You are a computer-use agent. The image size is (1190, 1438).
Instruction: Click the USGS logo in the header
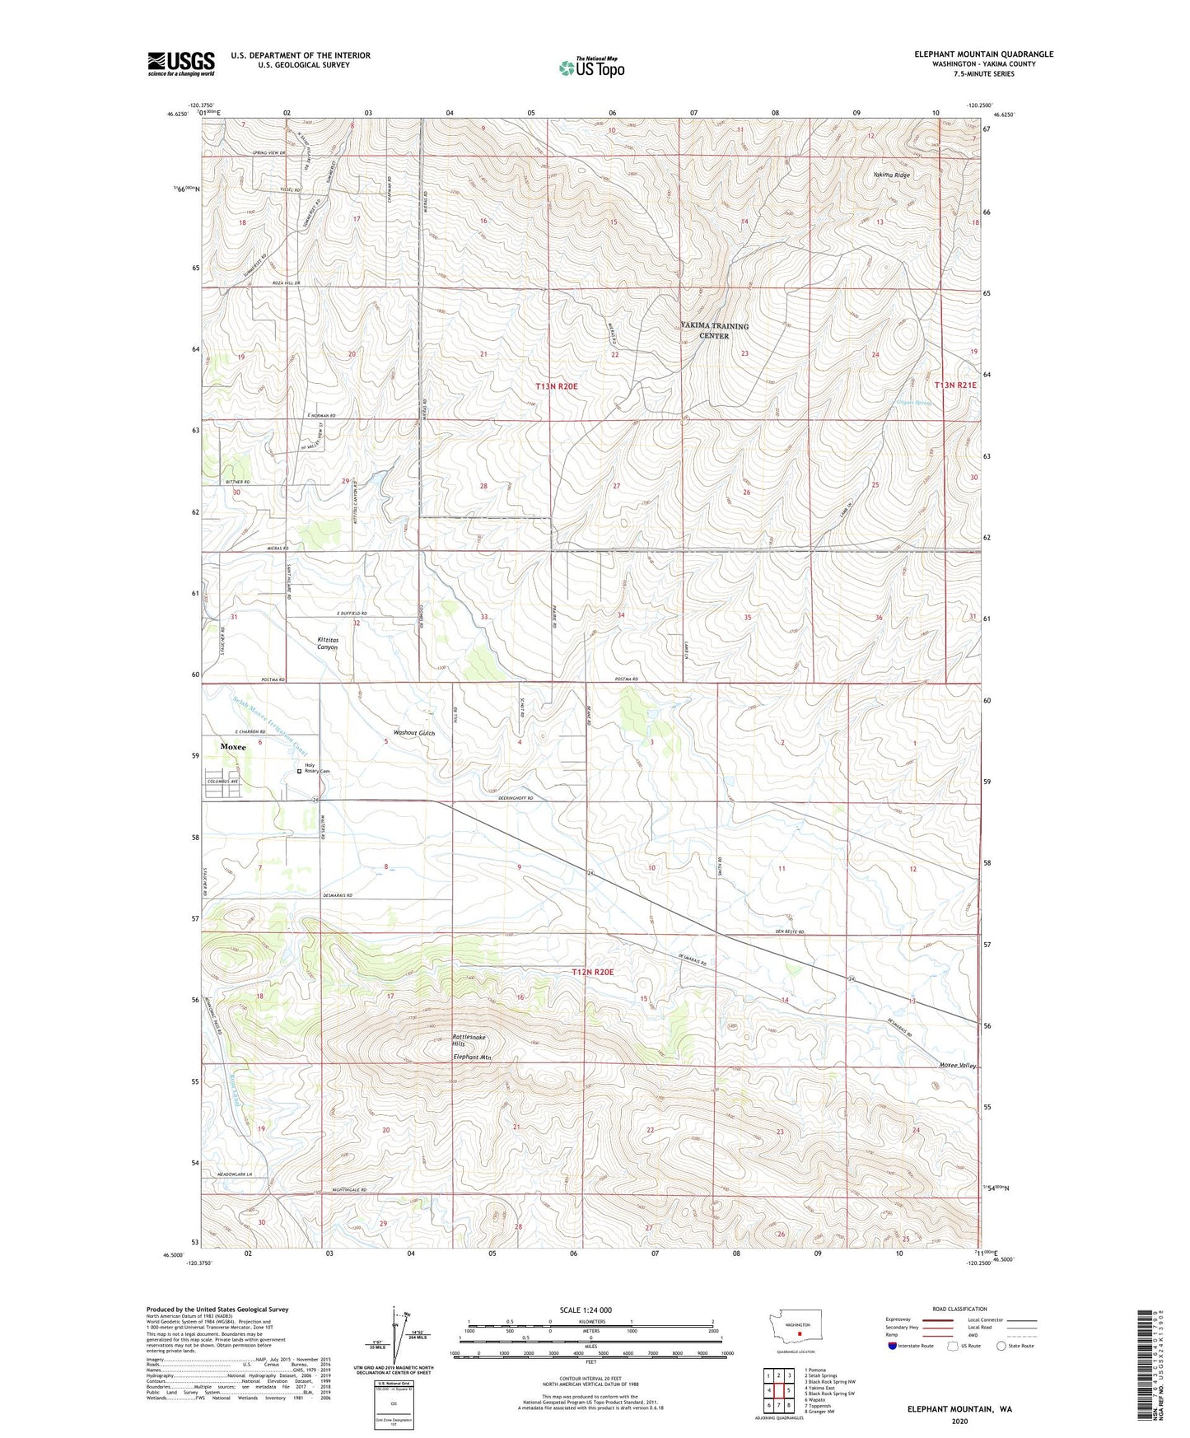click(x=180, y=63)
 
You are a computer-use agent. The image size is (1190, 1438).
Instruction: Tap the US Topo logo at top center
click(x=590, y=68)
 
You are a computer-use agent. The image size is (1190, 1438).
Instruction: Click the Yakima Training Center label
click(x=715, y=331)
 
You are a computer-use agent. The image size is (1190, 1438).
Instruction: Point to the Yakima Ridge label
click(x=892, y=175)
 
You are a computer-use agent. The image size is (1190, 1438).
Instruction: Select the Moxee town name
click(x=233, y=746)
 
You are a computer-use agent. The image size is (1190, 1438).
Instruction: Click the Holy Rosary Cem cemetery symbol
click(x=299, y=772)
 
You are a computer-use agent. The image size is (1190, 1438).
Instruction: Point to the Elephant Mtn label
click(x=472, y=1057)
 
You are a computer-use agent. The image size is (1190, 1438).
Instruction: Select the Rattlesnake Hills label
click(x=469, y=1040)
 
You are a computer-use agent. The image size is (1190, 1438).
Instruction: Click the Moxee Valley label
click(x=958, y=1065)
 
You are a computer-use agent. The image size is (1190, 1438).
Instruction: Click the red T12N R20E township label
click(x=593, y=972)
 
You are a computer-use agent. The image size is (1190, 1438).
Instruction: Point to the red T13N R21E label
click(x=955, y=385)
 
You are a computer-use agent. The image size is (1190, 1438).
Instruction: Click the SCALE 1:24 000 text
click(x=586, y=1310)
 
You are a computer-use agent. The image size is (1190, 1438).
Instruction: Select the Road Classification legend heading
click(x=959, y=1309)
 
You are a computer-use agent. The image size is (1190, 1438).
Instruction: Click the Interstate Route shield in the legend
click(x=893, y=1346)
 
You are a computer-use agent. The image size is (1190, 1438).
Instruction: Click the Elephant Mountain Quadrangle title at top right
click(x=983, y=54)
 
